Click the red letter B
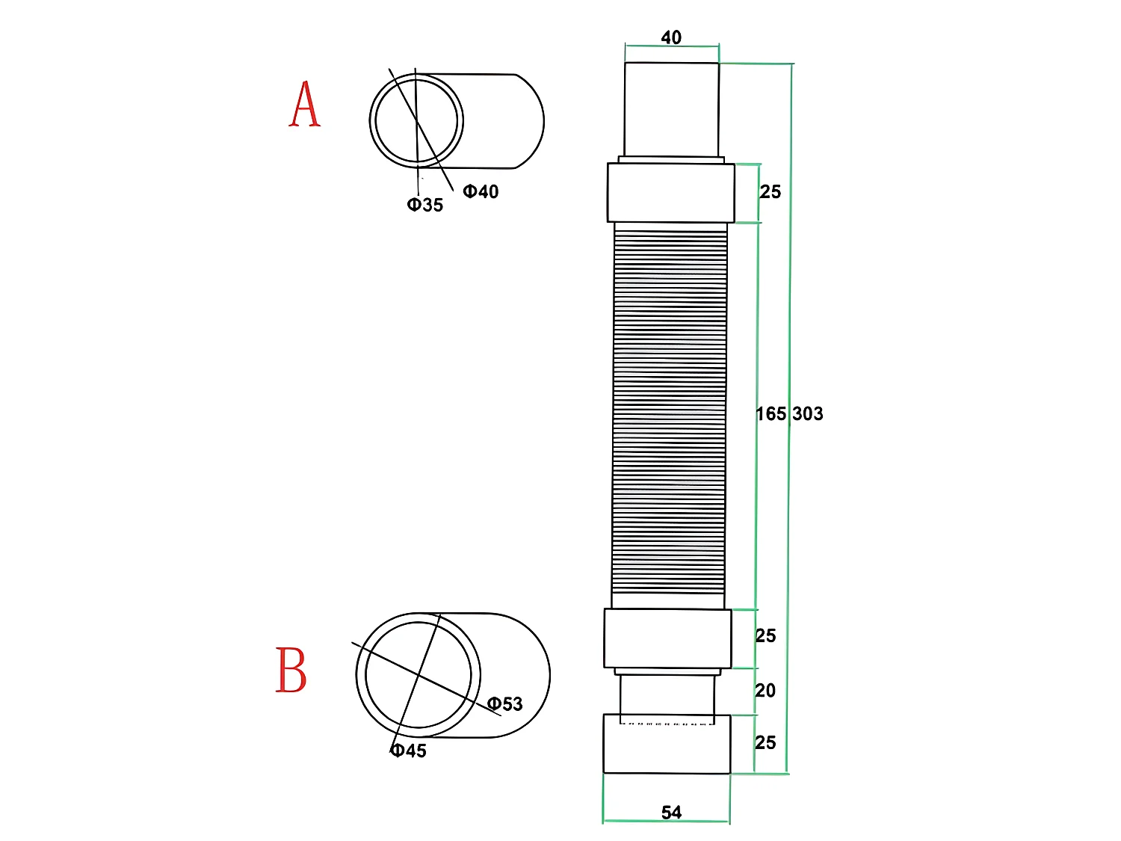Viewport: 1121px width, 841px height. pyautogui.click(x=291, y=670)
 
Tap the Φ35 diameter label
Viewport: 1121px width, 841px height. pyautogui.click(x=425, y=205)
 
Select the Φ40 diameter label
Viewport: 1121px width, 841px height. pyautogui.click(x=481, y=191)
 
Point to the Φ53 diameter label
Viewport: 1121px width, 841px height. pyautogui.click(x=505, y=703)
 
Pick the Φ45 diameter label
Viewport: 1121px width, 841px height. pyautogui.click(x=409, y=751)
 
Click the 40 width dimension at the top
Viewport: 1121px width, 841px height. pyautogui.click(x=671, y=37)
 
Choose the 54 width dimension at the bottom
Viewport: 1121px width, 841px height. pyautogui.click(x=671, y=813)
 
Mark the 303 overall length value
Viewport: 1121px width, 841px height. pyautogui.click(x=808, y=413)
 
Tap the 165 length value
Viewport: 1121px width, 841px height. pyautogui.click(x=771, y=413)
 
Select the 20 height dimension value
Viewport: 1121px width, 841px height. pyautogui.click(x=765, y=690)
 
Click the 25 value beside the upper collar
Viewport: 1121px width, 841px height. pyautogui.click(x=771, y=192)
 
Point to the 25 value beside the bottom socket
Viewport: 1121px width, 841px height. pyautogui.click(x=766, y=742)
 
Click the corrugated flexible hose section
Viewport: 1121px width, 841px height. pyautogui.click(x=670, y=415)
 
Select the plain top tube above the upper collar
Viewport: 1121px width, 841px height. pyautogui.click(x=671, y=109)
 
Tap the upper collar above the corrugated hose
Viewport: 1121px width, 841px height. pyautogui.click(x=670, y=192)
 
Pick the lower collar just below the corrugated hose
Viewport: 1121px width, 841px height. pyautogui.click(x=667, y=638)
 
